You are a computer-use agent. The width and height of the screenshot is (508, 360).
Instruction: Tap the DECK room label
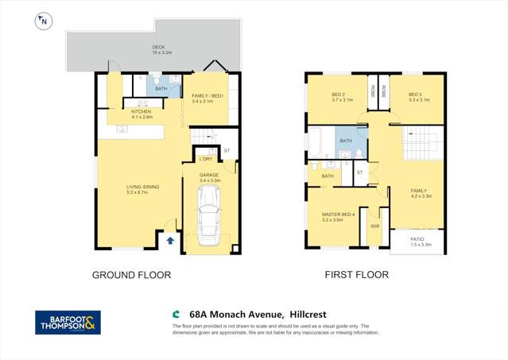159,48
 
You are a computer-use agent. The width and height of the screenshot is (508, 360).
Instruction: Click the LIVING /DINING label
143,187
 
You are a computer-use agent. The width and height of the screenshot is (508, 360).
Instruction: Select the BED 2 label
342,95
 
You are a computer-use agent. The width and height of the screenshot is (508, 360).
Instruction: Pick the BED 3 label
419,95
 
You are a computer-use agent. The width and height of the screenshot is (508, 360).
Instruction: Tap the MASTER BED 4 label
338,215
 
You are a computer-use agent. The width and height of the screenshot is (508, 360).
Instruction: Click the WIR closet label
374,226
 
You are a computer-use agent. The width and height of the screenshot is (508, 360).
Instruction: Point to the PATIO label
417,238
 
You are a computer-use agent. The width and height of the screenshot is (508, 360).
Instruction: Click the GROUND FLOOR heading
132,276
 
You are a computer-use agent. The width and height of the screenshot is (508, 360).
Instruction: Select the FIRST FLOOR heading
356,276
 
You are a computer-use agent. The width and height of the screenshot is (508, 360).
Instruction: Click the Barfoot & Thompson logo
68,322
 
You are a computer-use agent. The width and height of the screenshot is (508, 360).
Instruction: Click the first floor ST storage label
359,172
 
